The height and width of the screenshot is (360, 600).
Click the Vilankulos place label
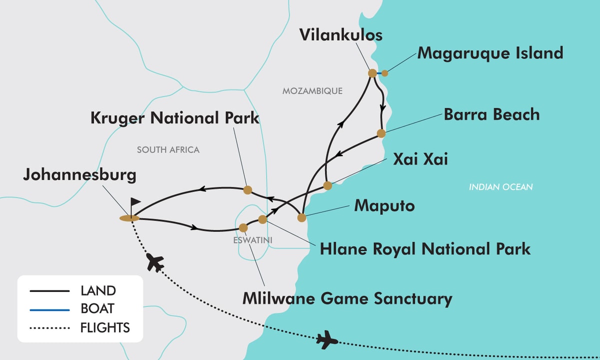point(341,35)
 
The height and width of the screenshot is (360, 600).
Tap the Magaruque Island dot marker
point(384,73)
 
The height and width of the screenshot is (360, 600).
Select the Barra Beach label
point(492,114)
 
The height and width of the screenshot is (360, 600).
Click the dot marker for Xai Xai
point(327,186)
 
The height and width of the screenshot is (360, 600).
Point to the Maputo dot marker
point(301,217)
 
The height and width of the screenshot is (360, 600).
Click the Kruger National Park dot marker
point(247,189)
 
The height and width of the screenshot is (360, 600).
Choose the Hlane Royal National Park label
point(425,248)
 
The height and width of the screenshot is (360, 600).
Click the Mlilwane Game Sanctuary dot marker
point(243,227)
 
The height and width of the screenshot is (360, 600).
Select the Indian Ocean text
point(500,187)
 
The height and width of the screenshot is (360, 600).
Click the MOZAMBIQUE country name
point(312,91)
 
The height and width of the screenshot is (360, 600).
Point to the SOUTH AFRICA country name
point(168,150)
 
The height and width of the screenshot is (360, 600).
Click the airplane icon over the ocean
point(327,340)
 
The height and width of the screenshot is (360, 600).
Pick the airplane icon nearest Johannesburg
point(156,263)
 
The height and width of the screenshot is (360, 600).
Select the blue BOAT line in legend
point(49,309)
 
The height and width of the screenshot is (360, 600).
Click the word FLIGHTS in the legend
point(105,328)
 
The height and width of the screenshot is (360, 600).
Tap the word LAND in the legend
point(98,290)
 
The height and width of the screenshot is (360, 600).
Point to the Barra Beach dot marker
point(381,133)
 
